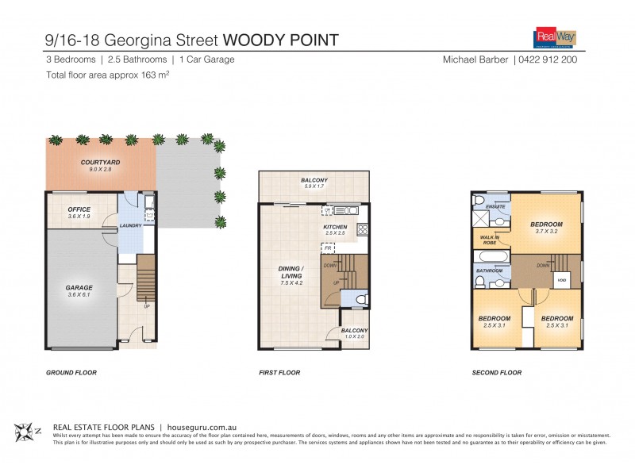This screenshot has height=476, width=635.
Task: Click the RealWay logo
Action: point(553,37)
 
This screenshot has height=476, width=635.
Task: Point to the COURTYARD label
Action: point(99,164)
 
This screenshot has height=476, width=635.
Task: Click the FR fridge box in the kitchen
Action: point(327,248)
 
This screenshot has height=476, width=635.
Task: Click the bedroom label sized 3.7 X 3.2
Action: point(547,226)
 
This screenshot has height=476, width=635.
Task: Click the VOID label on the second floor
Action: point(561,280)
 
